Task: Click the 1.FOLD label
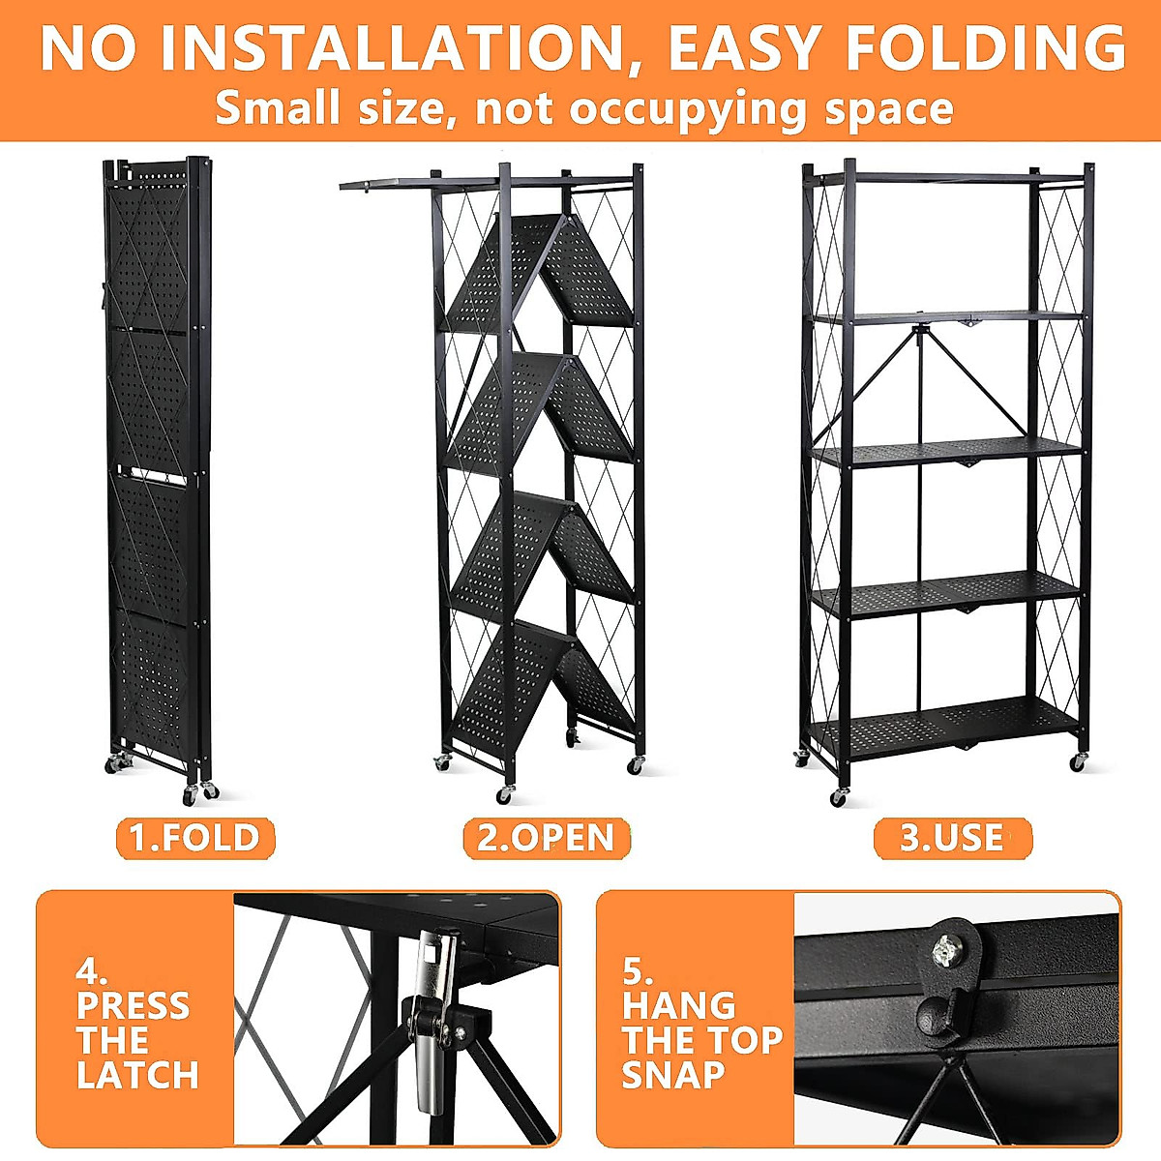pyautogui.click(x=195, y=838)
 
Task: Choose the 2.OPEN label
pyautogui.click(x=547, y=838)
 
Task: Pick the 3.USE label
pyautogui.click(x=952, y=838)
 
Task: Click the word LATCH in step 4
pyautogui.click(x=137, y=1075)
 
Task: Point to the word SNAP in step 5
pyautogui.click(x=673, y=1075)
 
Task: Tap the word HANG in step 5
pyautogui.click(x=679, y=1005)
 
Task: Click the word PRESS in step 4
pyautogui.click(x=134, y=1005)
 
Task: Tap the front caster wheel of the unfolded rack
pyautogui.click(x=839, y=797)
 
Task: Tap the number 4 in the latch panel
pyautogui.click(x=91, y=970)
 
